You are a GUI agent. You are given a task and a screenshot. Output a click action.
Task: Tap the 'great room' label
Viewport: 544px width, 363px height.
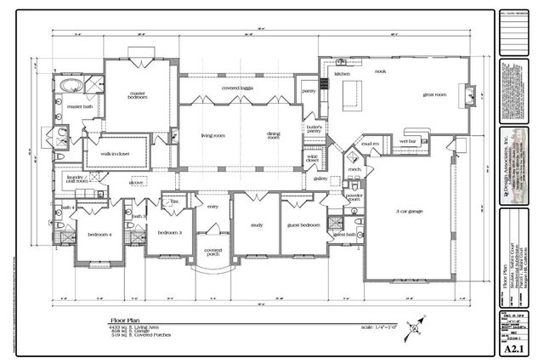pos(435,95)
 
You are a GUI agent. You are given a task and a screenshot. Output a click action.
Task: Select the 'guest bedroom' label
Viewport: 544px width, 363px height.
pos(303,225)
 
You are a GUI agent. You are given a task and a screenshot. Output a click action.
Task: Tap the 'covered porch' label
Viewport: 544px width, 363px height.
pos(213,252)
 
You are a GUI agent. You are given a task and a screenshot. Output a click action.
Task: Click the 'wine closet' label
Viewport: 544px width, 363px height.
pos(312,159)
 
